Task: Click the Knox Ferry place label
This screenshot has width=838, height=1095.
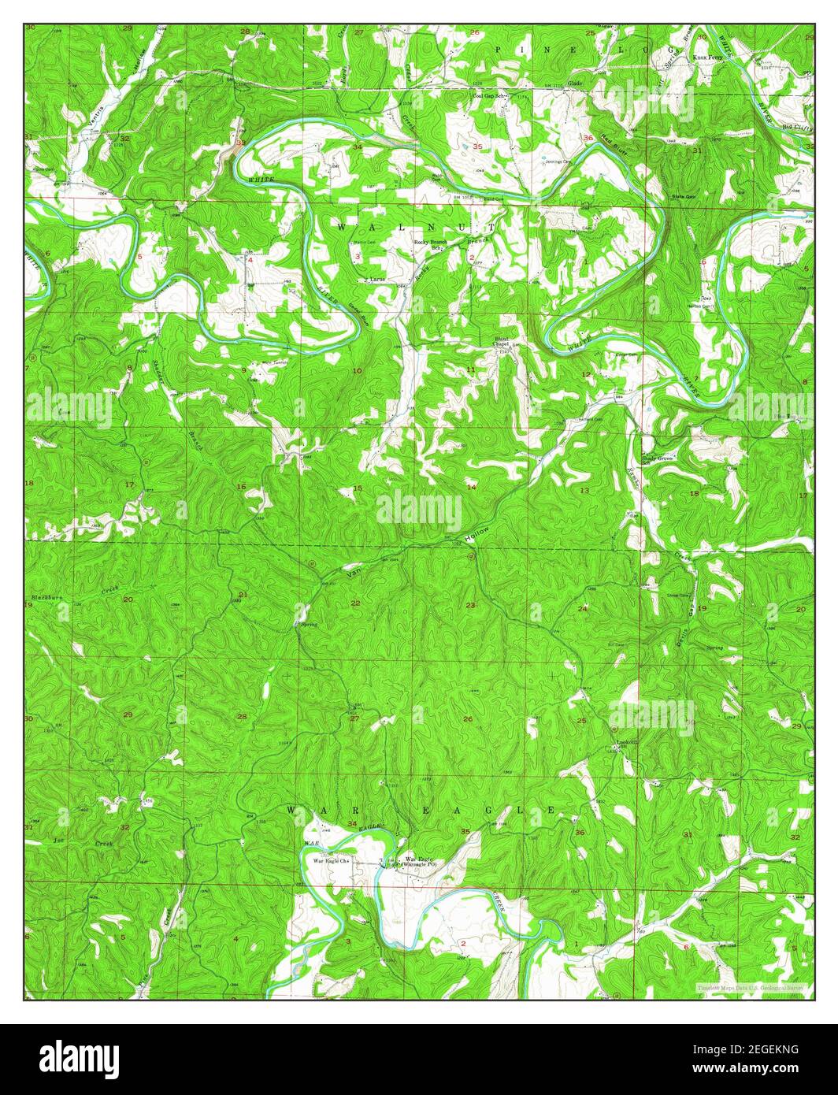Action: pos(707,58)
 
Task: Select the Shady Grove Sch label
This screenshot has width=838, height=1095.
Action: pos(658,459)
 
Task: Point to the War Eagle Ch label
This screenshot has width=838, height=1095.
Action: pos(332,861)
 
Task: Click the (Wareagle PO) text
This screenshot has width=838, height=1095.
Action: pos(419,865)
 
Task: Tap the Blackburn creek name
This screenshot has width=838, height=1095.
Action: pos(46,599)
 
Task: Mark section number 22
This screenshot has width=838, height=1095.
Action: pos(356,603)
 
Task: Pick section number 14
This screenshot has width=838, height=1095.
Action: pos(472,488)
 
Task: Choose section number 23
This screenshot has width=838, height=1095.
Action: pos(470,605)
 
